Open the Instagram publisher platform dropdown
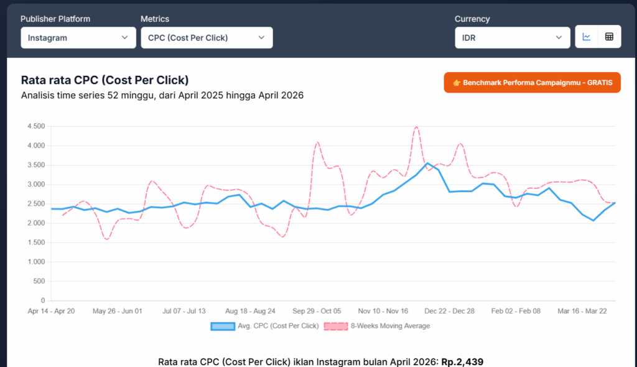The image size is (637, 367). (x=78, y=37)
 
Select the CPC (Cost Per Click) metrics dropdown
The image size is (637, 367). (x=207, y=37)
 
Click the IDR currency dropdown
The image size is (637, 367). (x=512, y=37)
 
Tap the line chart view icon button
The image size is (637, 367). (x=587, y=37)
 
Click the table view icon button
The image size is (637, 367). (x=609, y=37)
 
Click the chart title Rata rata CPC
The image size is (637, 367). (x=105, y=80)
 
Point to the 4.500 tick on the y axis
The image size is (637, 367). (x=36, y=126)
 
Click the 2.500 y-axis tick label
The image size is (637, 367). (x=36, y=204)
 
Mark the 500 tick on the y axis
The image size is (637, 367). (x=39, y=281)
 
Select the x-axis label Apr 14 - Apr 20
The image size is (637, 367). (x=52, y=310)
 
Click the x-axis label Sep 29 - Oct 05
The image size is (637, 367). (x=317, y=310)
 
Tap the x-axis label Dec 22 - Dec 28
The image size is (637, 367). (x=449, y=310)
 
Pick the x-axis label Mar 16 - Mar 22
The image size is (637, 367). (x=581, y=310)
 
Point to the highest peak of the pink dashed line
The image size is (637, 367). (x=416, y=127)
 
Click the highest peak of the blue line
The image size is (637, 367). (x=427, y=164)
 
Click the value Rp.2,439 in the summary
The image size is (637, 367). (x=462, y=361)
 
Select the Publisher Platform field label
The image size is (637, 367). (x=55, y=19)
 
